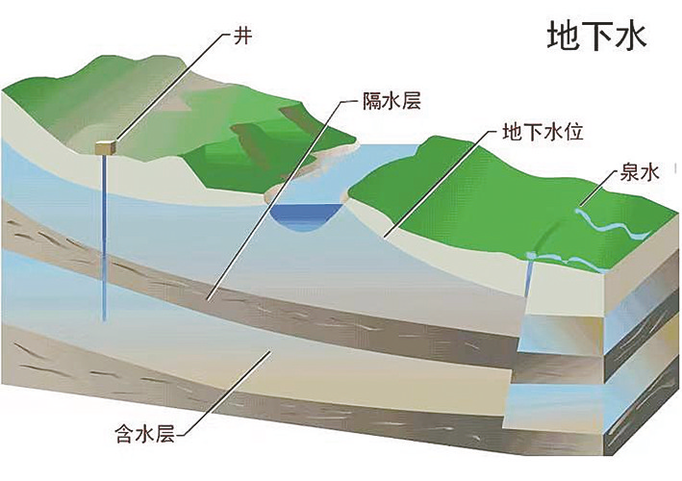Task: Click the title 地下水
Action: [596, 37]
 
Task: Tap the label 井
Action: [243, 36]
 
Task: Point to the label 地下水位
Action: [543, 132]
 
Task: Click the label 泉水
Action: [640, 172]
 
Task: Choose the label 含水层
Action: [145, 433]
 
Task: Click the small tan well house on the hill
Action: [106, 147]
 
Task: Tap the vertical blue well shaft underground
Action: [105, 238]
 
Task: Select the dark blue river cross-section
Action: [305, 216]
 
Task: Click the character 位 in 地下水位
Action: [573, 132]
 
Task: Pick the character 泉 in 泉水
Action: [630, 172]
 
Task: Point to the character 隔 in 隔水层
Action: [372, 102]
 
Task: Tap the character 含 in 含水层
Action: [125, 433]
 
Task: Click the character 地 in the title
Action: [564, 37]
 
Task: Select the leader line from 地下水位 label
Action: [442, 184]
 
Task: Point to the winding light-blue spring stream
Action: [614, 226]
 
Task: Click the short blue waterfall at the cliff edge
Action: [529, 275]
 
